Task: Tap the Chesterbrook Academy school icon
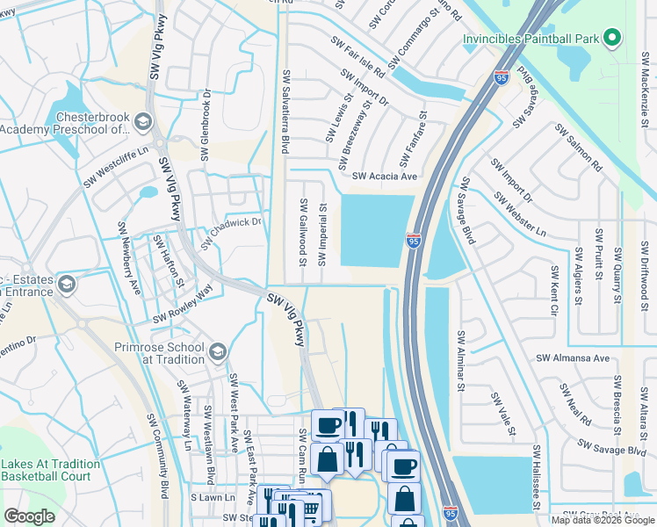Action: [x=144, y=120]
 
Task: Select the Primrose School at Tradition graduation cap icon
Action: [x=215, y=352]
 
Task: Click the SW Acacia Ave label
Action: [x=385, y=177]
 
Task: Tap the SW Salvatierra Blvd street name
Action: [x=285, y=113]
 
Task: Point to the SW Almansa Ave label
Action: [x=573, y=358]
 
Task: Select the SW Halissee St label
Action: [x=535, y=478]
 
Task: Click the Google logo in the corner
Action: [x=30, y=516]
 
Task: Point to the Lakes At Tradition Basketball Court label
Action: [x=50, y=470]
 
